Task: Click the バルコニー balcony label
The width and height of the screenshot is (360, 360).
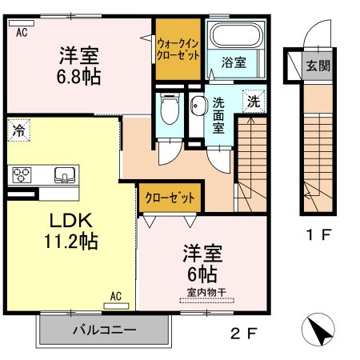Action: point(105,329)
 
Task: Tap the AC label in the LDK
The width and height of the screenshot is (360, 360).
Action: point(114,295)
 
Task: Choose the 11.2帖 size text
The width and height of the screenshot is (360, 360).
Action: point(70,241)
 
